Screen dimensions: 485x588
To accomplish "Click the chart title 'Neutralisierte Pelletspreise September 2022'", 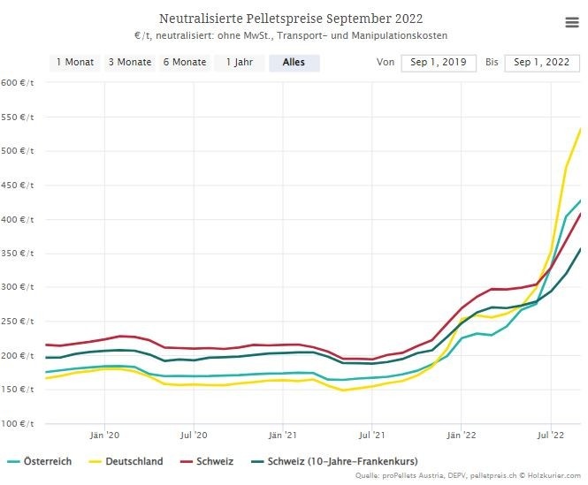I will [291, 19].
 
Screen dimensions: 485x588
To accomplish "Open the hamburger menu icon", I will [571, 23].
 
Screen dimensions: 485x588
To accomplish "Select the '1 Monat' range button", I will [75, 63].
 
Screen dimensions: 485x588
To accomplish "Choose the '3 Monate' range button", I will [130, 63].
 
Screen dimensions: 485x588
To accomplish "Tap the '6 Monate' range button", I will [185, 63].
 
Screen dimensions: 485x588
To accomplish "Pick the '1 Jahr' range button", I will [240, 63].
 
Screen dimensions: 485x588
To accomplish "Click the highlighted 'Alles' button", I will [294, 63].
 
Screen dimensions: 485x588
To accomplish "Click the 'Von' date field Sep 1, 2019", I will [439, 63].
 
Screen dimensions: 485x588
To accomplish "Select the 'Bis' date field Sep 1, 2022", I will [542, 63].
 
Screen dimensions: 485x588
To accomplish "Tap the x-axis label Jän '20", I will [105, 436].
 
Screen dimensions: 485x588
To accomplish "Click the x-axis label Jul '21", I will [372, 436].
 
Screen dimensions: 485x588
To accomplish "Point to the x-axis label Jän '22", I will [462, 436].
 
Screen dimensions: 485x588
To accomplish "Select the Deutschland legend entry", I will [133, 461].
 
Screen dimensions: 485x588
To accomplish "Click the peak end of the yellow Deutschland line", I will [580, 130].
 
